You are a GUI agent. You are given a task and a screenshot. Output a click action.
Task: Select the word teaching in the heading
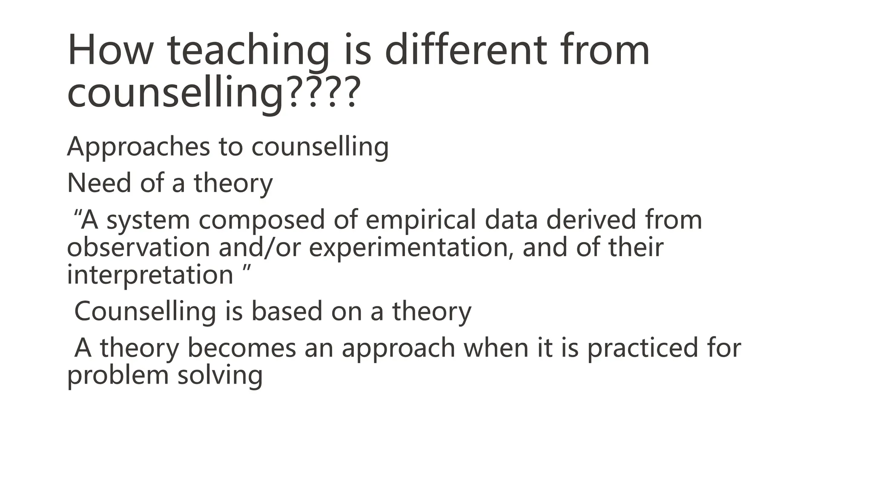point(248,51)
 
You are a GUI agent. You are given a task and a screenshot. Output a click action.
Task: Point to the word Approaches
point(138,147)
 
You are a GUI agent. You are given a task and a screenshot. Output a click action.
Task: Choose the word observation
point(138,248)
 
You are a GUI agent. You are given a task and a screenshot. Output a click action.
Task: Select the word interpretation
point(150,275)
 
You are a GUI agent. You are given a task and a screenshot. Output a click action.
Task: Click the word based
point(287,312)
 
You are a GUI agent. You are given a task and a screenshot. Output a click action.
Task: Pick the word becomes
point(241,348)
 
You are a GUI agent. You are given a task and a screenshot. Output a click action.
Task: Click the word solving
point(220,376)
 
